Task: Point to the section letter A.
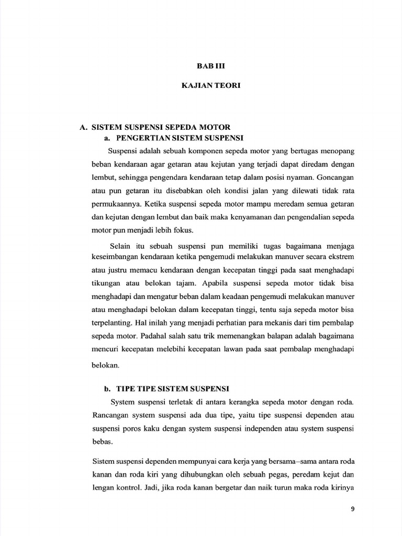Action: tap(83, 127)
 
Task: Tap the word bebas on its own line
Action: tap(102, 441)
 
